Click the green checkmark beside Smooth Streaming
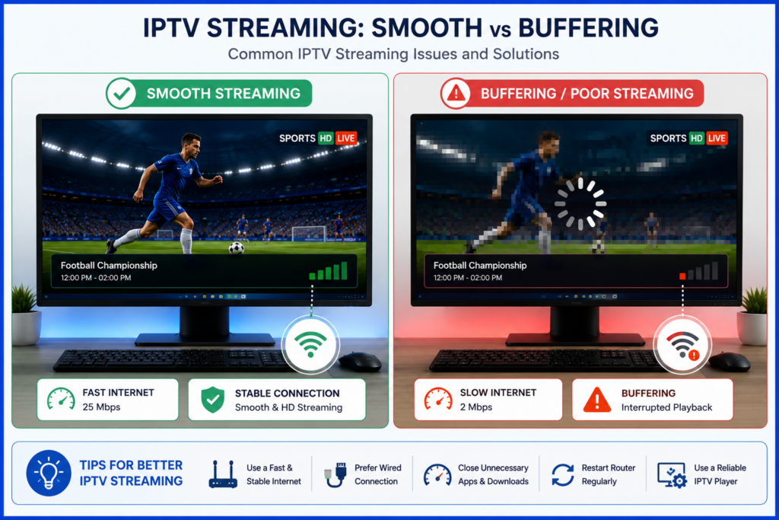[121, 93]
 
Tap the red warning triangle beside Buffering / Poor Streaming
[456, 93]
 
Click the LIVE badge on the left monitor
[346, 139]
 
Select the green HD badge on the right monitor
[697, 139]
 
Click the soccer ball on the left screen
[237, 247]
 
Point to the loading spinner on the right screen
[580, 203]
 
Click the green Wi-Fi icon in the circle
[310, 344]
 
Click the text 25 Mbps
[101, 407]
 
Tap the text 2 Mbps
[476, 407]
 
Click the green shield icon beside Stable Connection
[213, 400]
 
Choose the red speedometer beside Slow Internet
[438, 399]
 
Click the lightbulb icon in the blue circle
[49, 473]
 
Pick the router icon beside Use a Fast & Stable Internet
[223, 474]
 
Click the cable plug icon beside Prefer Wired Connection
[335, 474]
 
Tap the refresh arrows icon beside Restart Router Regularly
[563, 474]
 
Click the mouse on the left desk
[360, 362]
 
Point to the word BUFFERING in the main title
[588, 27]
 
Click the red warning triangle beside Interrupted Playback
[596, 399]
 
